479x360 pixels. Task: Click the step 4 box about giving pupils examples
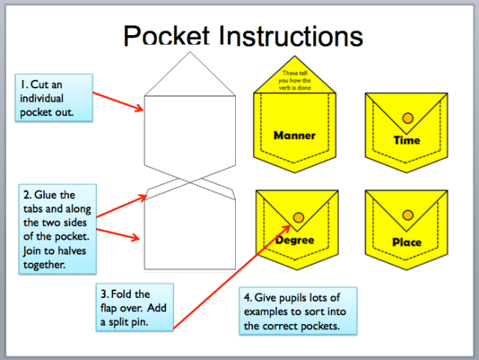297,311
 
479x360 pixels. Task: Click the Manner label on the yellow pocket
294,135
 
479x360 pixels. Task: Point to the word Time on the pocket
406,140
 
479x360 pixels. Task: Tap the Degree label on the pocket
294,240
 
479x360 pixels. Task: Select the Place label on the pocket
406,242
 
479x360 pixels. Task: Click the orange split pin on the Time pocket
407,118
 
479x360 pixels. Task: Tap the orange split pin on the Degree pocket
298,217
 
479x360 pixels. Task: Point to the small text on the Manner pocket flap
295,79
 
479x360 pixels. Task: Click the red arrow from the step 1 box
118,101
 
